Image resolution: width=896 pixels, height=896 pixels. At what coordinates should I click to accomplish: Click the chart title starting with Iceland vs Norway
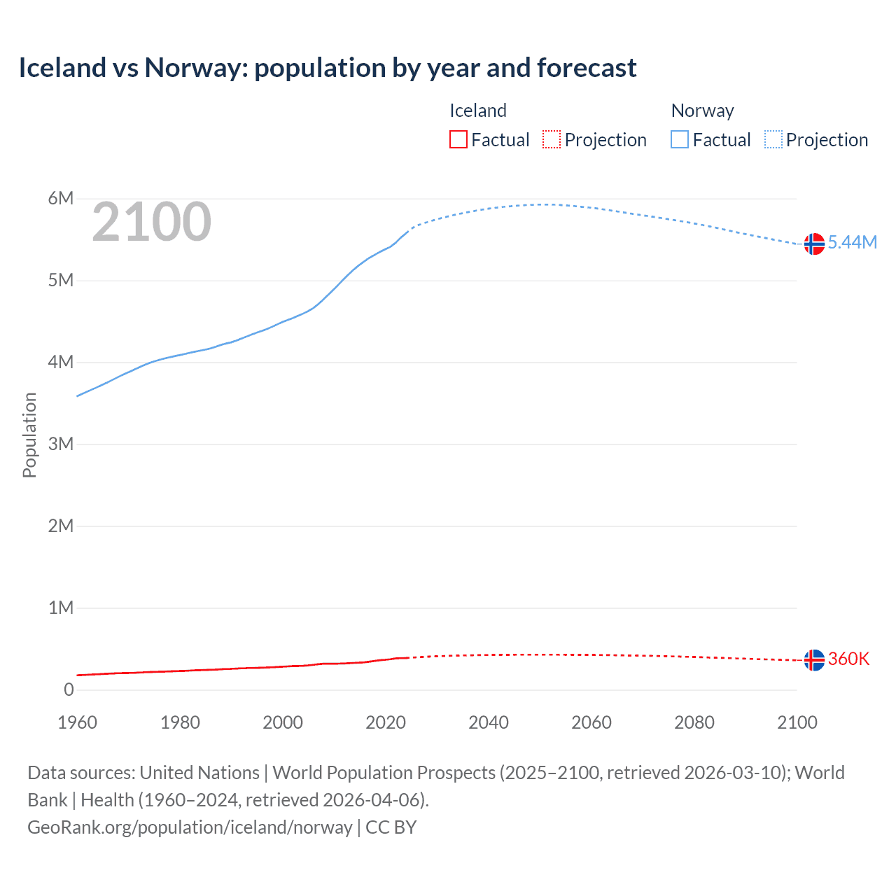[x=328, y=68]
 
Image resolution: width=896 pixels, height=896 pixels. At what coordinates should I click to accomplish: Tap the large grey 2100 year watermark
[x=151, y=222]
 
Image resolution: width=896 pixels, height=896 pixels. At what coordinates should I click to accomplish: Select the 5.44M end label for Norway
[x=852, y=242]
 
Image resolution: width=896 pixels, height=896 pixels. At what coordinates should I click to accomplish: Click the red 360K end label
[x=848, y=659]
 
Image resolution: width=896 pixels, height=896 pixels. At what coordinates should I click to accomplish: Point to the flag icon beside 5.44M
[x=814, y=244]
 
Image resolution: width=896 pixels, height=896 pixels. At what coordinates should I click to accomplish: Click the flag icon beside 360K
[x=814, y=659]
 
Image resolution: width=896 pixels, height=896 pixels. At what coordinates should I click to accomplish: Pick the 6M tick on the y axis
[x=61, y=198]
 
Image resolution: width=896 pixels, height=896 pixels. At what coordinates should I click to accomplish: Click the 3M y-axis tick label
[x=61, y=444]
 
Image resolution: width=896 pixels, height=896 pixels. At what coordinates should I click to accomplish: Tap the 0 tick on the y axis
[x=69, y=689]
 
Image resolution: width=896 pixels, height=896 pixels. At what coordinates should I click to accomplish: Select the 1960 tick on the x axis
[x=77, y=722]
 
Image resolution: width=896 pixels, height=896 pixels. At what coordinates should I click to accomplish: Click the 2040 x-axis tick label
[x=489, y=722]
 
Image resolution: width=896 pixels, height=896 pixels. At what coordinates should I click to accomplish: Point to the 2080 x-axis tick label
[x=694, y=722]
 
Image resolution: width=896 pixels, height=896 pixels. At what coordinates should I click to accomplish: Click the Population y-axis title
[x=29, y=435]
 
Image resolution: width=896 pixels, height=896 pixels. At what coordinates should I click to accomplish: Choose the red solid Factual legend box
[x=458, y=139]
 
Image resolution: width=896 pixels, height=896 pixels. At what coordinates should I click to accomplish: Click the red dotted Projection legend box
[x=552, y=139]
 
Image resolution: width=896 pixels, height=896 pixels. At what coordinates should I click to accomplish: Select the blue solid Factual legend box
[x=680, y=139]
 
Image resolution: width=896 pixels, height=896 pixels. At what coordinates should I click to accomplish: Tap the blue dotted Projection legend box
[x=773, y=139]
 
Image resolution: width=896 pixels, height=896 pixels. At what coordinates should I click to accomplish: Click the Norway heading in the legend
[x=702, y=111]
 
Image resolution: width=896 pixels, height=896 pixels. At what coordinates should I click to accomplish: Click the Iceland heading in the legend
[x=477, y=111]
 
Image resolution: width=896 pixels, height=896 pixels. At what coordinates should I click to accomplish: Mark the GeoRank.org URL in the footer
[x=190, y=827]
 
